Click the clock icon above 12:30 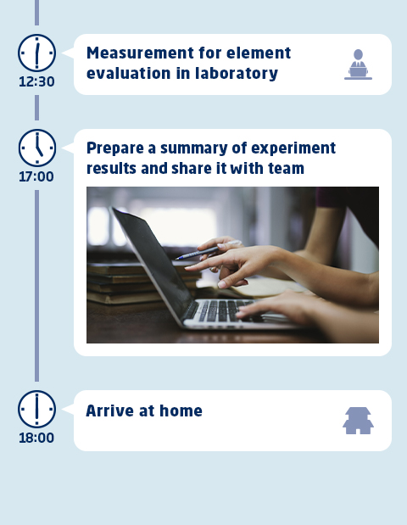pos(36,53)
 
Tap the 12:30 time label pos(36,81)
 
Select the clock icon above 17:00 pos(36,148)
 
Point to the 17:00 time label pos(36,176)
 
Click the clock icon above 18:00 pos(36,409)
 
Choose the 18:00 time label pos(36,438)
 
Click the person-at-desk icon pos(358,64)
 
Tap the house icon pos(358,421)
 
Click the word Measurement pos(140,53)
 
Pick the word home pos(181,411)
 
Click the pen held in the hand pos(209,250)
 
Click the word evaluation pos(129,73)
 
